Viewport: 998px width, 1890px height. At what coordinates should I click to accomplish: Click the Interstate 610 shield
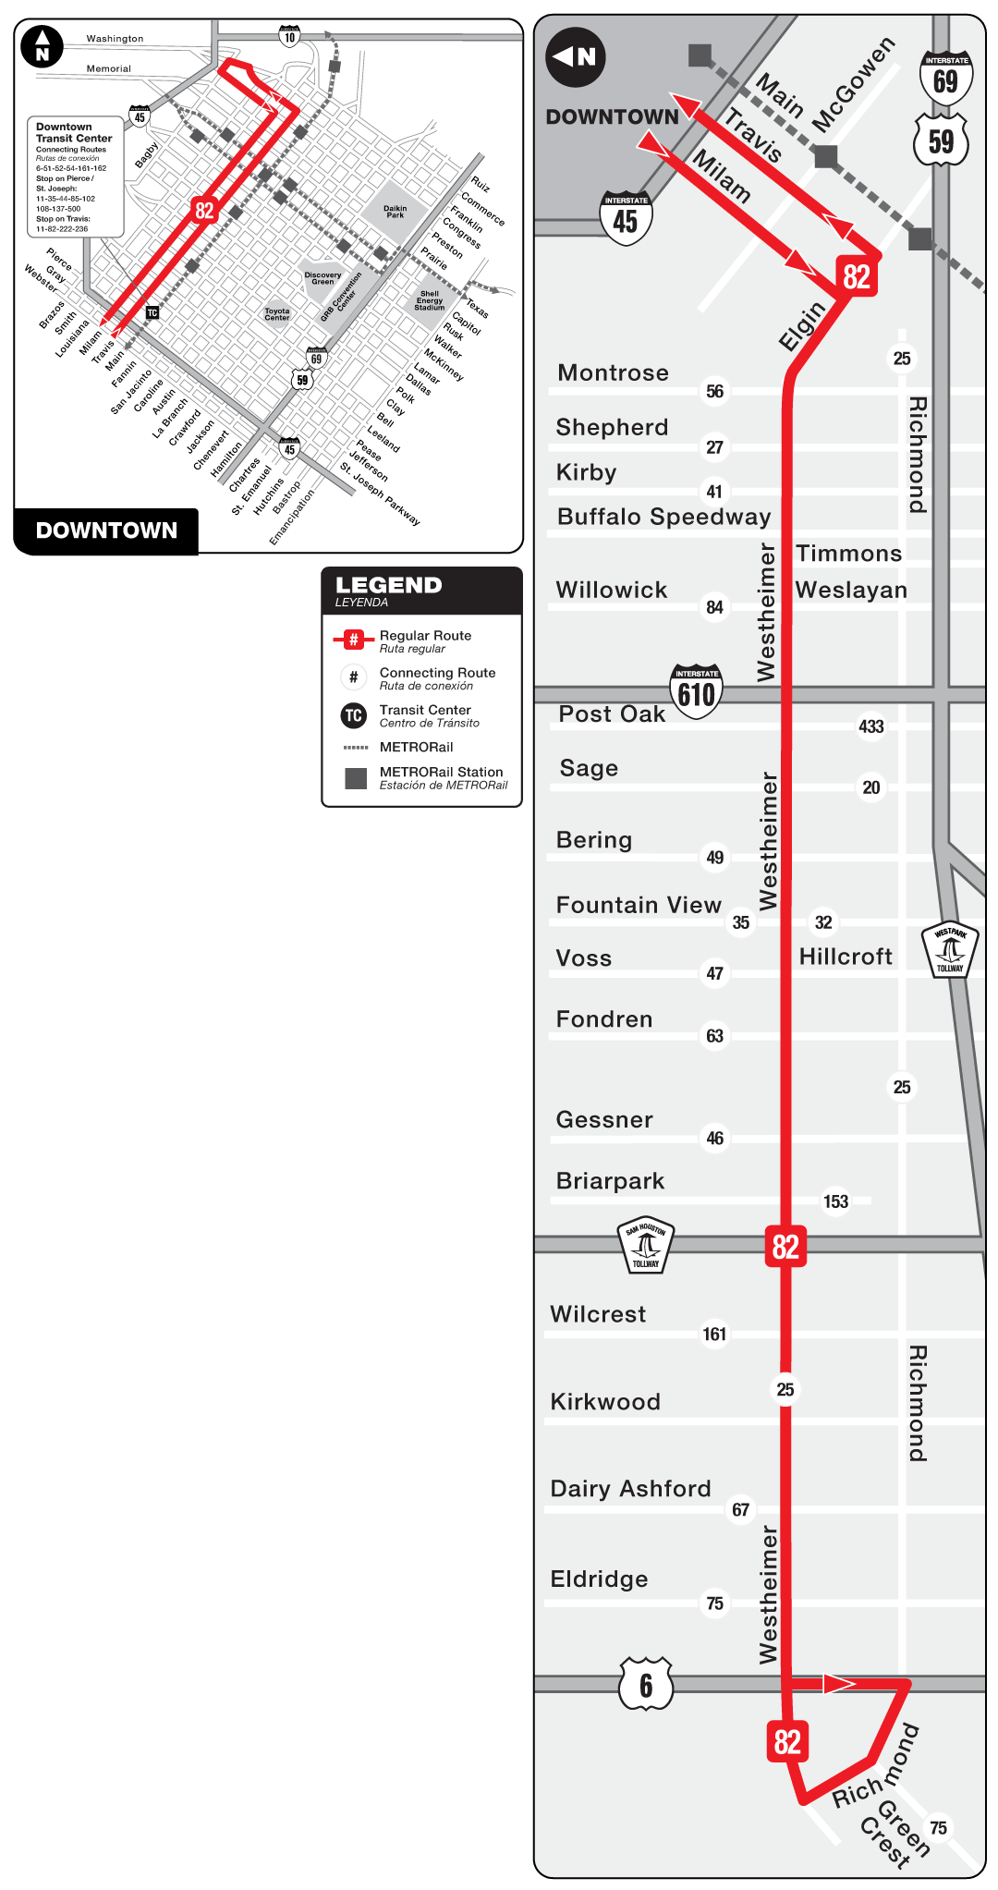click(x=696, y=690)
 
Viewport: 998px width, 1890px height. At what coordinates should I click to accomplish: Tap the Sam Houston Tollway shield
click(x=646, y=1244)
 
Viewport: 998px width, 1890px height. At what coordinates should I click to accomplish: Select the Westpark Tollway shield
click(x=950, y=949)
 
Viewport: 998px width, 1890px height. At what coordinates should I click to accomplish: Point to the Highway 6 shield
click(x=646, y=1684)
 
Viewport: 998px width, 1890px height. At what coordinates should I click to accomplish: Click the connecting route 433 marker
click(x=870, y=726)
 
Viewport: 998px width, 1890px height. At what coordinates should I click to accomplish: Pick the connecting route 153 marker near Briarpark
click(x=835, y=1201)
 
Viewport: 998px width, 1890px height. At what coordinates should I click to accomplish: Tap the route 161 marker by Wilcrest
click(x=714, y=1334)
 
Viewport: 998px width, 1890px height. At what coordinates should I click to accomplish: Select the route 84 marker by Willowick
click(x=714, y=607)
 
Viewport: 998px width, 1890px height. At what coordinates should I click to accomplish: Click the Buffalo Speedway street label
click(x=663, y=517)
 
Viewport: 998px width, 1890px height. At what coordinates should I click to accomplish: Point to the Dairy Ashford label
click(x=630, y=1489)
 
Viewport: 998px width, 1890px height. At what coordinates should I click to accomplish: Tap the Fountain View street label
click(x=638, y=906)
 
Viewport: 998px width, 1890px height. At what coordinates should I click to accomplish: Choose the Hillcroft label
click(x=846, y=957)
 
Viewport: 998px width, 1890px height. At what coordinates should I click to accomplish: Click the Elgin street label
click(x=801, y=326)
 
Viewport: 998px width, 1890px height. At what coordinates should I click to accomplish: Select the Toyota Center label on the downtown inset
click(x=277, y=314)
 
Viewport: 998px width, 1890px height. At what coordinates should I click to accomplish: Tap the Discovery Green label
click(x=323, y=277)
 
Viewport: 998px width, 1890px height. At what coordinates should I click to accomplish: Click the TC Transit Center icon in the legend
click(x=354, y=715)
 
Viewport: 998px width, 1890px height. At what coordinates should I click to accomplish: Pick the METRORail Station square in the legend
click(x=356, y=778)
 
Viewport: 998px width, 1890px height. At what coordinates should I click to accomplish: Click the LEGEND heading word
click(x=388, y=585)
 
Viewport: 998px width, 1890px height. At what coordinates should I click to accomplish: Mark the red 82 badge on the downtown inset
click(x=204, y=211)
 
